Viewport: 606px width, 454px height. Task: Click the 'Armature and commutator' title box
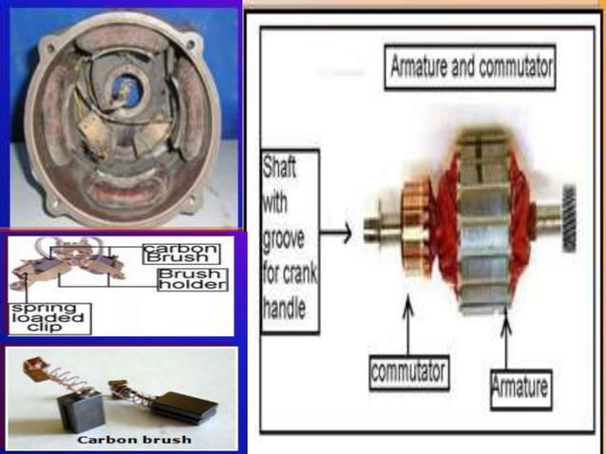tap(472, 69)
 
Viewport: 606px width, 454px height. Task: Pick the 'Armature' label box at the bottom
tap(521, 386)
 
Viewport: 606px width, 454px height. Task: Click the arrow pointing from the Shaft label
tap(337, 231)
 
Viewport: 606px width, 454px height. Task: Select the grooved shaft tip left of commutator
tap(370, 231)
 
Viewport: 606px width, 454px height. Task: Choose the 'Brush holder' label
tap(191, 277)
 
